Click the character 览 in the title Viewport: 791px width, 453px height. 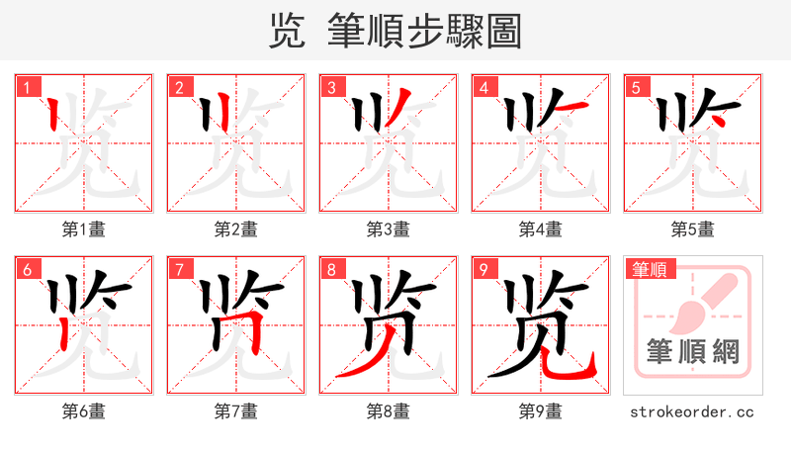point(287,31)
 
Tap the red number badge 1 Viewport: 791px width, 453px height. point(27,88)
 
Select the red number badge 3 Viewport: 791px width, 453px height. point(331,88)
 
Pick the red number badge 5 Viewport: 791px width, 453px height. point(636,88)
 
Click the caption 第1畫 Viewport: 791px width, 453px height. point(83,229)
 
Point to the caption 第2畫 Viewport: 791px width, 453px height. point(235,229)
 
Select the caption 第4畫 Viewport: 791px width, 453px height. point(540,229)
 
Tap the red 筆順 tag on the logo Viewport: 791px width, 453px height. point(649,269)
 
